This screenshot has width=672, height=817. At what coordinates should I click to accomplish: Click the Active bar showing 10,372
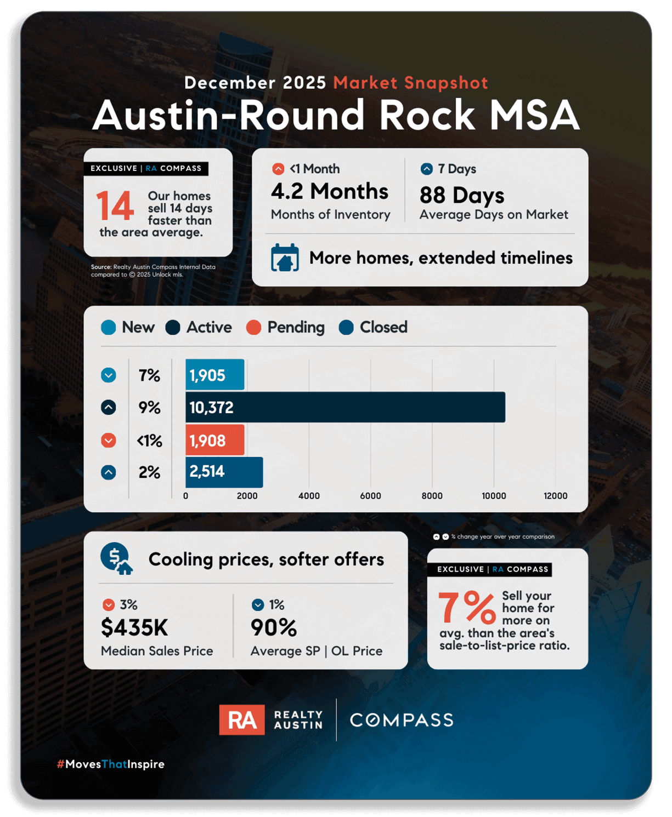click(345, 407)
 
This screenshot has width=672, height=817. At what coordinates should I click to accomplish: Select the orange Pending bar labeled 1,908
click(214, 440)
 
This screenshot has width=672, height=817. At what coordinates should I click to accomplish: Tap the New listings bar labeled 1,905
click(214, 375)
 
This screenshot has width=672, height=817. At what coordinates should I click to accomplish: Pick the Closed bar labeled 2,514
click(224, 472)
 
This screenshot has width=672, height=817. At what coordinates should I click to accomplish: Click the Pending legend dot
click(253, 328)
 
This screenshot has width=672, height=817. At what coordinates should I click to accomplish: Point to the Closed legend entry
click(374, 328)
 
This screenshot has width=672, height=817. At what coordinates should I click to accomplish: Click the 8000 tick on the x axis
click(432, 496)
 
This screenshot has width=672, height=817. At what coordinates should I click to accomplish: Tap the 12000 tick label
click(555, 496)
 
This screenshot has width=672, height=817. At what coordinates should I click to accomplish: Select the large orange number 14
click(115, 207)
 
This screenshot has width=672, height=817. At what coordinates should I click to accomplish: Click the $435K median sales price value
click(134, 628)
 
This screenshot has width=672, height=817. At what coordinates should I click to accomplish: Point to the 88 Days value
click(461, 195)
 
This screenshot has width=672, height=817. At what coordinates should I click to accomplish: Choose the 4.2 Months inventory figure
click(329, 192)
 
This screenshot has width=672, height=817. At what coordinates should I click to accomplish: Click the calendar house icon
click(285, 258)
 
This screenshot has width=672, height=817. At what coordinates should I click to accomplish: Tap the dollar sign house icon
click(116, 559)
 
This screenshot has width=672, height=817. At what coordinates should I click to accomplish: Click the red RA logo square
click(241, 719)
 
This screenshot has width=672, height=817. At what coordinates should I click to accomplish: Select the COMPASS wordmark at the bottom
click(402, 720)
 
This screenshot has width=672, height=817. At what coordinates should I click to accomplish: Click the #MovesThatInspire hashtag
click(111, 764)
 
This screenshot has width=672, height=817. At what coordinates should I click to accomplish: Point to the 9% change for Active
click(149, 408)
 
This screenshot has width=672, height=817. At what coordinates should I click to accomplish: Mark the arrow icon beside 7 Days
click(426, 169)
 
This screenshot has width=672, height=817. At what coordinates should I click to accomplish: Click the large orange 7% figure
click(466, 608)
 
